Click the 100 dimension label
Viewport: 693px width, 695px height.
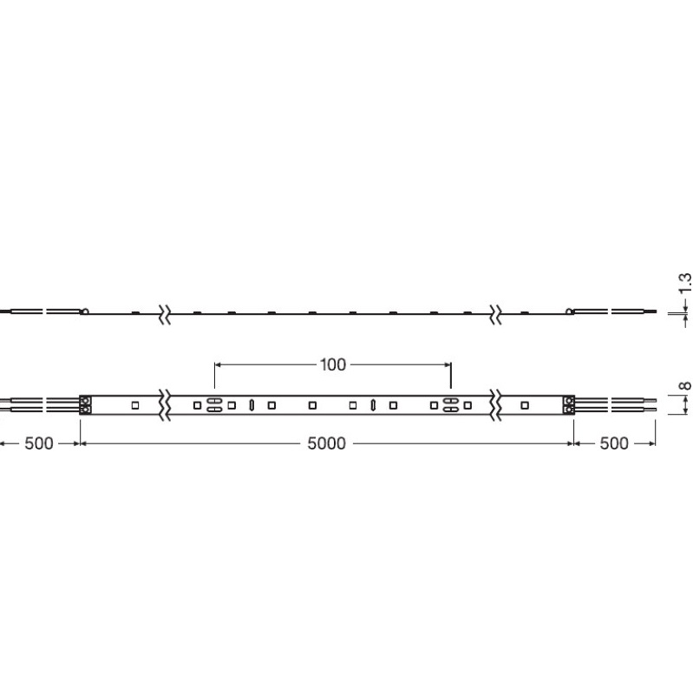(332, 364)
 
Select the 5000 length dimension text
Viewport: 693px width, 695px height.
(327, 443)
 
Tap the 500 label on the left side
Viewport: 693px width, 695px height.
(38, 443)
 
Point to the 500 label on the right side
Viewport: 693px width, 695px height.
(614, 443)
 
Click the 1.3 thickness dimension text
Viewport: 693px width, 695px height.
(685, 283)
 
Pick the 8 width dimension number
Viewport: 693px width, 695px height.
(685, 385)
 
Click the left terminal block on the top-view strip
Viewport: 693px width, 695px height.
(86, 405)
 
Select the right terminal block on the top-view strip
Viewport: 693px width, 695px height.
(568, 405)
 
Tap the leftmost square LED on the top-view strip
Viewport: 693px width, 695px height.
(135, 405)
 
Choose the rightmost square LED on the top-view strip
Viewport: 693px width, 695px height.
(525, 405)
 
